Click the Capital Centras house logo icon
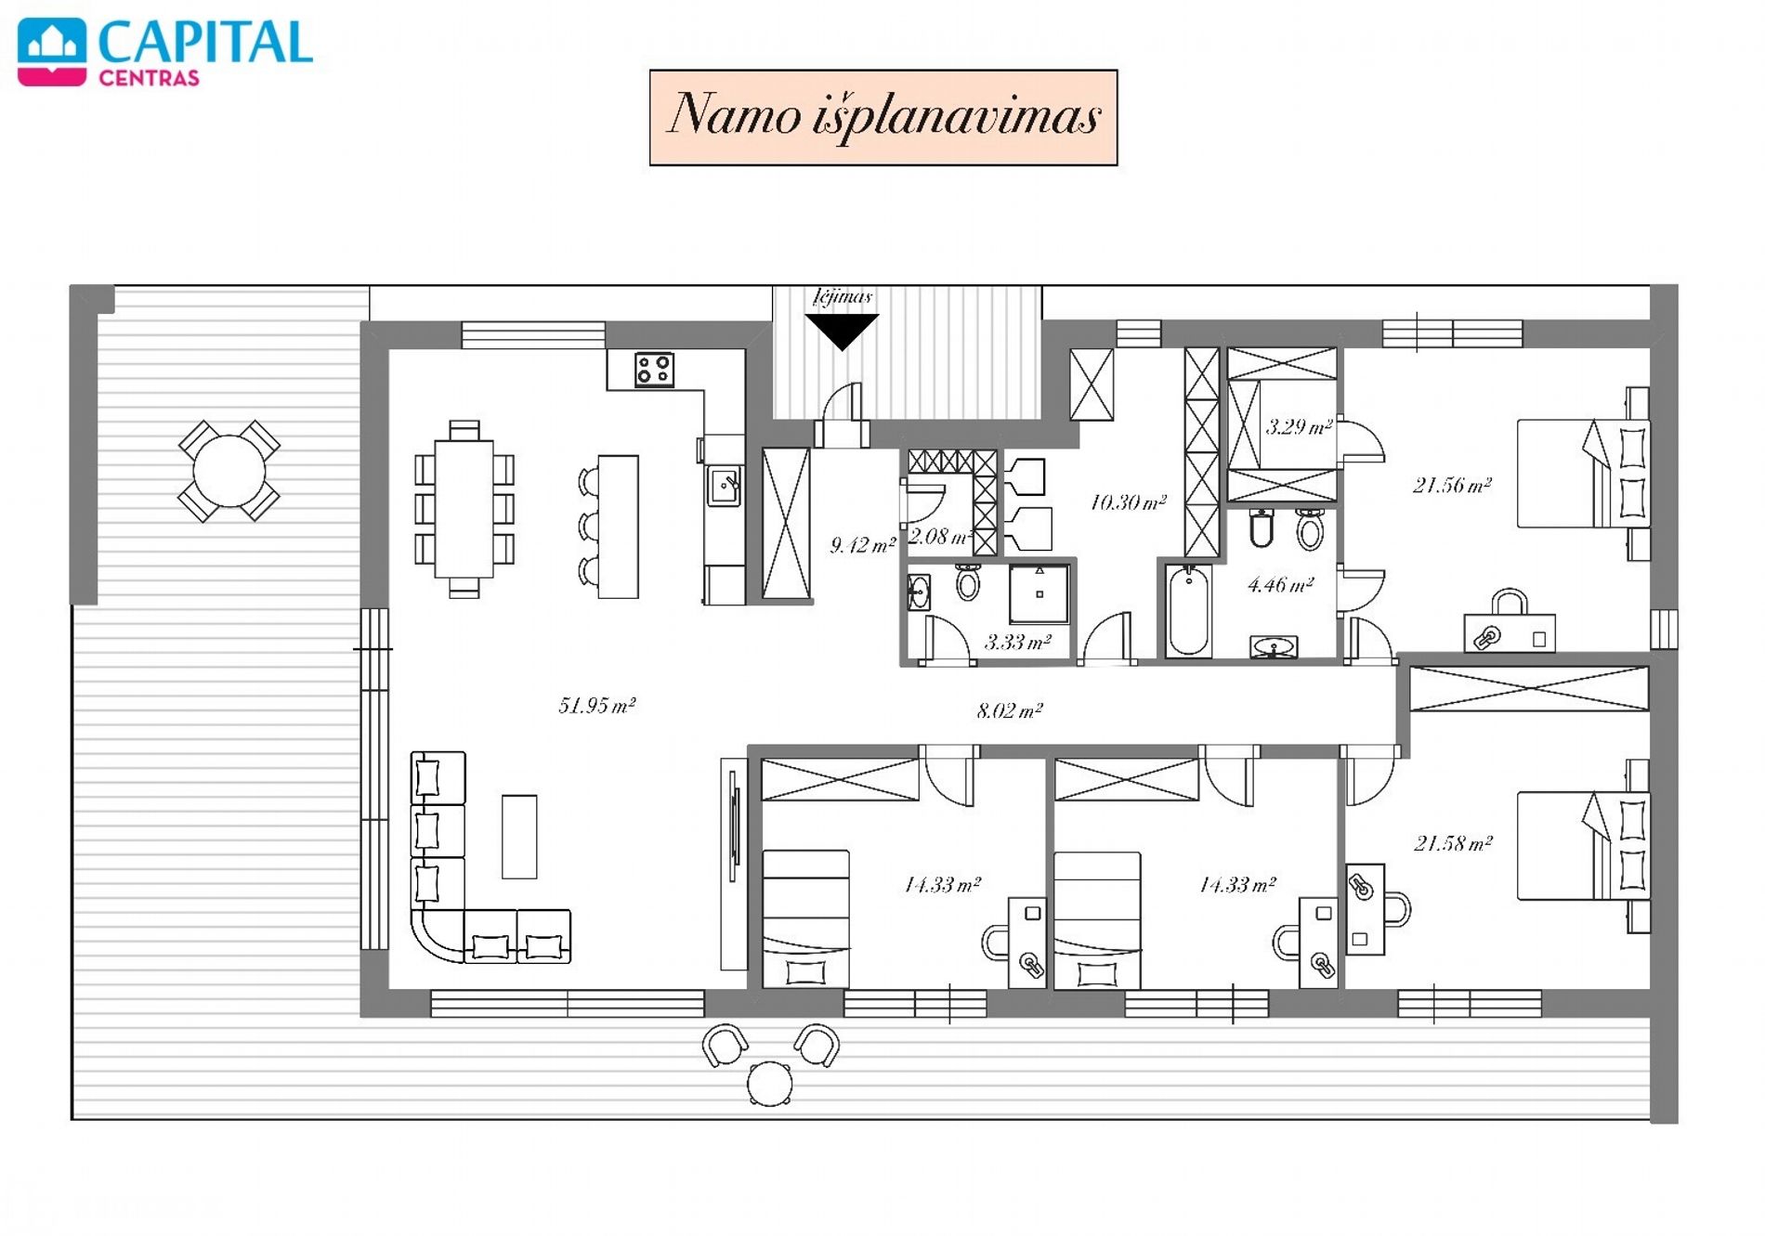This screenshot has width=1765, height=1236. (x=52, y=53)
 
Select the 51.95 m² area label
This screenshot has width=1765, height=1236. (x=596, y=706)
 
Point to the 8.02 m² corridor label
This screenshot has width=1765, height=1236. (x=1010, y=711)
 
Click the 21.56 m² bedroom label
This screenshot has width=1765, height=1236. (x=1452, y=485)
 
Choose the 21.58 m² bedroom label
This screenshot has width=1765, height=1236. (x=1453, y=843)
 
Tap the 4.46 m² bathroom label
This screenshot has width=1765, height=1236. (x=1280, y=585)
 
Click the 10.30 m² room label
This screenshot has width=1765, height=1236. (x=1128, y=502)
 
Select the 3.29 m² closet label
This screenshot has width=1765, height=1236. (x=1299, y=427)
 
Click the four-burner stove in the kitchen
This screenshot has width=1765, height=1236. (x=654, y=370)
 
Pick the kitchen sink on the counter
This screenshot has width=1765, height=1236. (x=725, y=486)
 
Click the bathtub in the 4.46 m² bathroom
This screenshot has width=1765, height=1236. (x=1188, y=611)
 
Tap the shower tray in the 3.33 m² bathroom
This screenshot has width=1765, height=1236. (x=1039, y=593)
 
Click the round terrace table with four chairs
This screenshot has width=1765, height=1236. (x=229, y=471)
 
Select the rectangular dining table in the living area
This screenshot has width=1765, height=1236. (x=464, y=509)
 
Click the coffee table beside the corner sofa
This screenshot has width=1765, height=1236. (x=519, y=837)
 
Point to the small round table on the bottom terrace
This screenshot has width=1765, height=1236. (x=770, y=1083)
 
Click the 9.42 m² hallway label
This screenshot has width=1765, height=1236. (x=862, y=545)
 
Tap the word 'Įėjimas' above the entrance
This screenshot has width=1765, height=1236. (x=843, y=297)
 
